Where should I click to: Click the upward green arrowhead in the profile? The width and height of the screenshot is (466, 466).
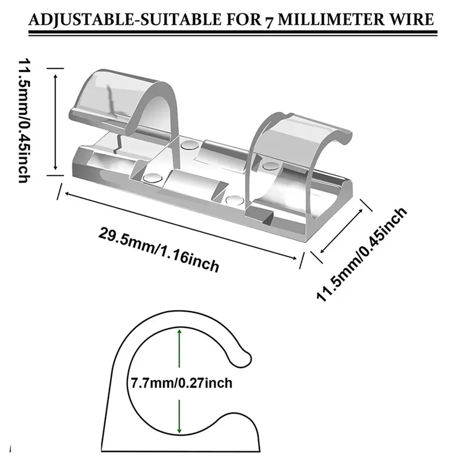(179, 332)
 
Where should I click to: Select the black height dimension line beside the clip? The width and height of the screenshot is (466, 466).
(55, 119)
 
